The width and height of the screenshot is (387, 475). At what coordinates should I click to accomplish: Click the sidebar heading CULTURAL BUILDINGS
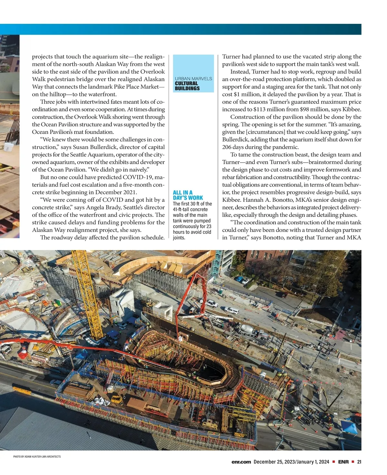click(x=187, y=86)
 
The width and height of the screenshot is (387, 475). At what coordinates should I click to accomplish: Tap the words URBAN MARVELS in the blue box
click(x=193, y=79)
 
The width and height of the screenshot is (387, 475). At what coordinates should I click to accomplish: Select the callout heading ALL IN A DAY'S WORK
click(x=188, y=195)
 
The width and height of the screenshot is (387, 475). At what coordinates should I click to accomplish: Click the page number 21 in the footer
click(x=359, y=462)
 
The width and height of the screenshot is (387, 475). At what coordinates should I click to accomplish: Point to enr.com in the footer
click(x=241, y=462)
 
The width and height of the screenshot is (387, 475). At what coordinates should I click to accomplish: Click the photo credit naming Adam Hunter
click(x=37, y=456)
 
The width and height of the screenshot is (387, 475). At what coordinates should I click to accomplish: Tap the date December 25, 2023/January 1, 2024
click(x=291, y=462)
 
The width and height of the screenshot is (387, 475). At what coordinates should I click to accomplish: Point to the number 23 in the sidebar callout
click(x=208, y=226)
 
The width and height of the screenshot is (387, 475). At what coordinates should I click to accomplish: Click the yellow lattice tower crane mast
click(x=85, y=296)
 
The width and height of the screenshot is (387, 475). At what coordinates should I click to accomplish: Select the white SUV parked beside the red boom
click(x=231, y=311)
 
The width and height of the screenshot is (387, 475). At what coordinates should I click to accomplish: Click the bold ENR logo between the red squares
click(x=343, y=462)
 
